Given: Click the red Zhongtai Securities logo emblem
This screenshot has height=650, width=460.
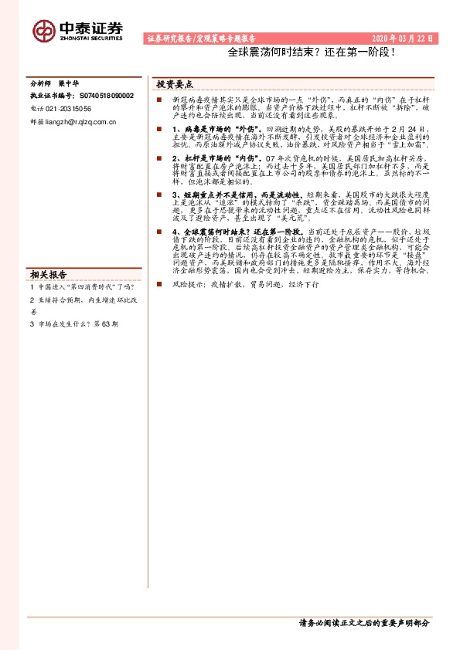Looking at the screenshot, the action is coord(44,30).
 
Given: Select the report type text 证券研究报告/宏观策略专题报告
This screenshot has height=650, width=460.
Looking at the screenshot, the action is coord(201,38).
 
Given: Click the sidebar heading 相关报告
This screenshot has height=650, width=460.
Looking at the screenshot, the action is coord(49,273).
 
